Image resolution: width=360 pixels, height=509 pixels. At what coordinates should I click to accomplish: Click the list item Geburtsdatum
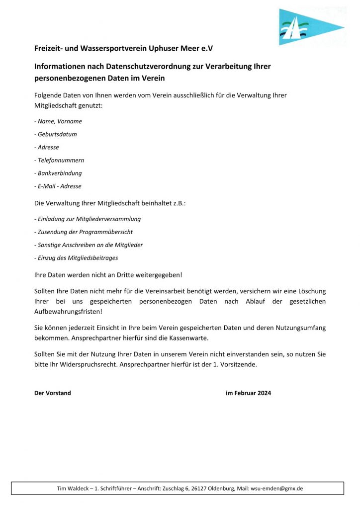coord(56,134)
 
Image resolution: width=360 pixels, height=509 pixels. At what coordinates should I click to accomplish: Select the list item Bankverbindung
coord(58,173)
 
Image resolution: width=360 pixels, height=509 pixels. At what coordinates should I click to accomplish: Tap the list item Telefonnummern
coord(59,160)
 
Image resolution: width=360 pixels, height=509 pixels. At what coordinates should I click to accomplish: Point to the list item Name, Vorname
coord(58,121)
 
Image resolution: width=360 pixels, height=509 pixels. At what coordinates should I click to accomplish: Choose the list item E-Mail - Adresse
coord(58,186)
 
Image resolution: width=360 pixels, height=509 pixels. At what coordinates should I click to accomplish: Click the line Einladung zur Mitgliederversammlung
coord(88,219)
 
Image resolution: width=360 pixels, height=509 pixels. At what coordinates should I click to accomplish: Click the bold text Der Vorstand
coord(53,393)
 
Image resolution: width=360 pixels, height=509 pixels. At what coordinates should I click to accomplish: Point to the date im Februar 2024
coord(249,393)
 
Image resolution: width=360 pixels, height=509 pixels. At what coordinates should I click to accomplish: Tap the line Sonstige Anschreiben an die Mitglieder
coord(89,245)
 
